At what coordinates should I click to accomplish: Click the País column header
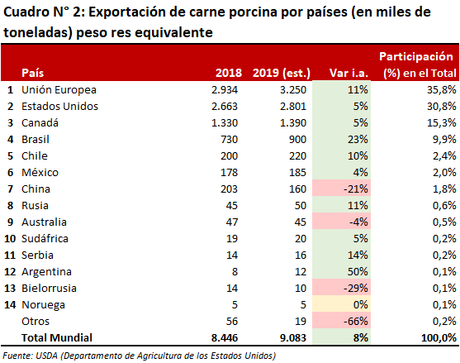click(32, 73)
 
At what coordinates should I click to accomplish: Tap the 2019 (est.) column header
click(282, 73)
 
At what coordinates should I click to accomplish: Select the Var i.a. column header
click(349, 73)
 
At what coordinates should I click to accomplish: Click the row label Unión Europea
click(59, 90)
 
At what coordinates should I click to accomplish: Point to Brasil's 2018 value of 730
click(229, 139)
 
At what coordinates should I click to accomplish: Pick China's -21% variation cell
click(341, 189)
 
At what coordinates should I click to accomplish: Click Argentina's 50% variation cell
click(341, 272)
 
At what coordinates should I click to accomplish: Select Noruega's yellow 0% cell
click(341, 304)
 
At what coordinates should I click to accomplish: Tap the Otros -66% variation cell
click(341, 321)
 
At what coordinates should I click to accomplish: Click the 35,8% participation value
click(442, 89)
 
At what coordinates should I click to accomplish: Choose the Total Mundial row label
click(57, 337)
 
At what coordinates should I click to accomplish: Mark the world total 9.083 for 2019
click(293, 337)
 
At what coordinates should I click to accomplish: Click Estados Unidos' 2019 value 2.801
click(293, 107)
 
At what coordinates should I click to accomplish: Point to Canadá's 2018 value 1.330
click(225, 122)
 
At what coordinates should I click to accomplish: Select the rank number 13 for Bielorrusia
click(10, 288)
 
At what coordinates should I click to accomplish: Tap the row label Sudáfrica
click(45, 238)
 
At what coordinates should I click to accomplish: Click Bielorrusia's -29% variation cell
click(341, 288)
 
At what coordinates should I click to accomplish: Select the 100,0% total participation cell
click(439, 337)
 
